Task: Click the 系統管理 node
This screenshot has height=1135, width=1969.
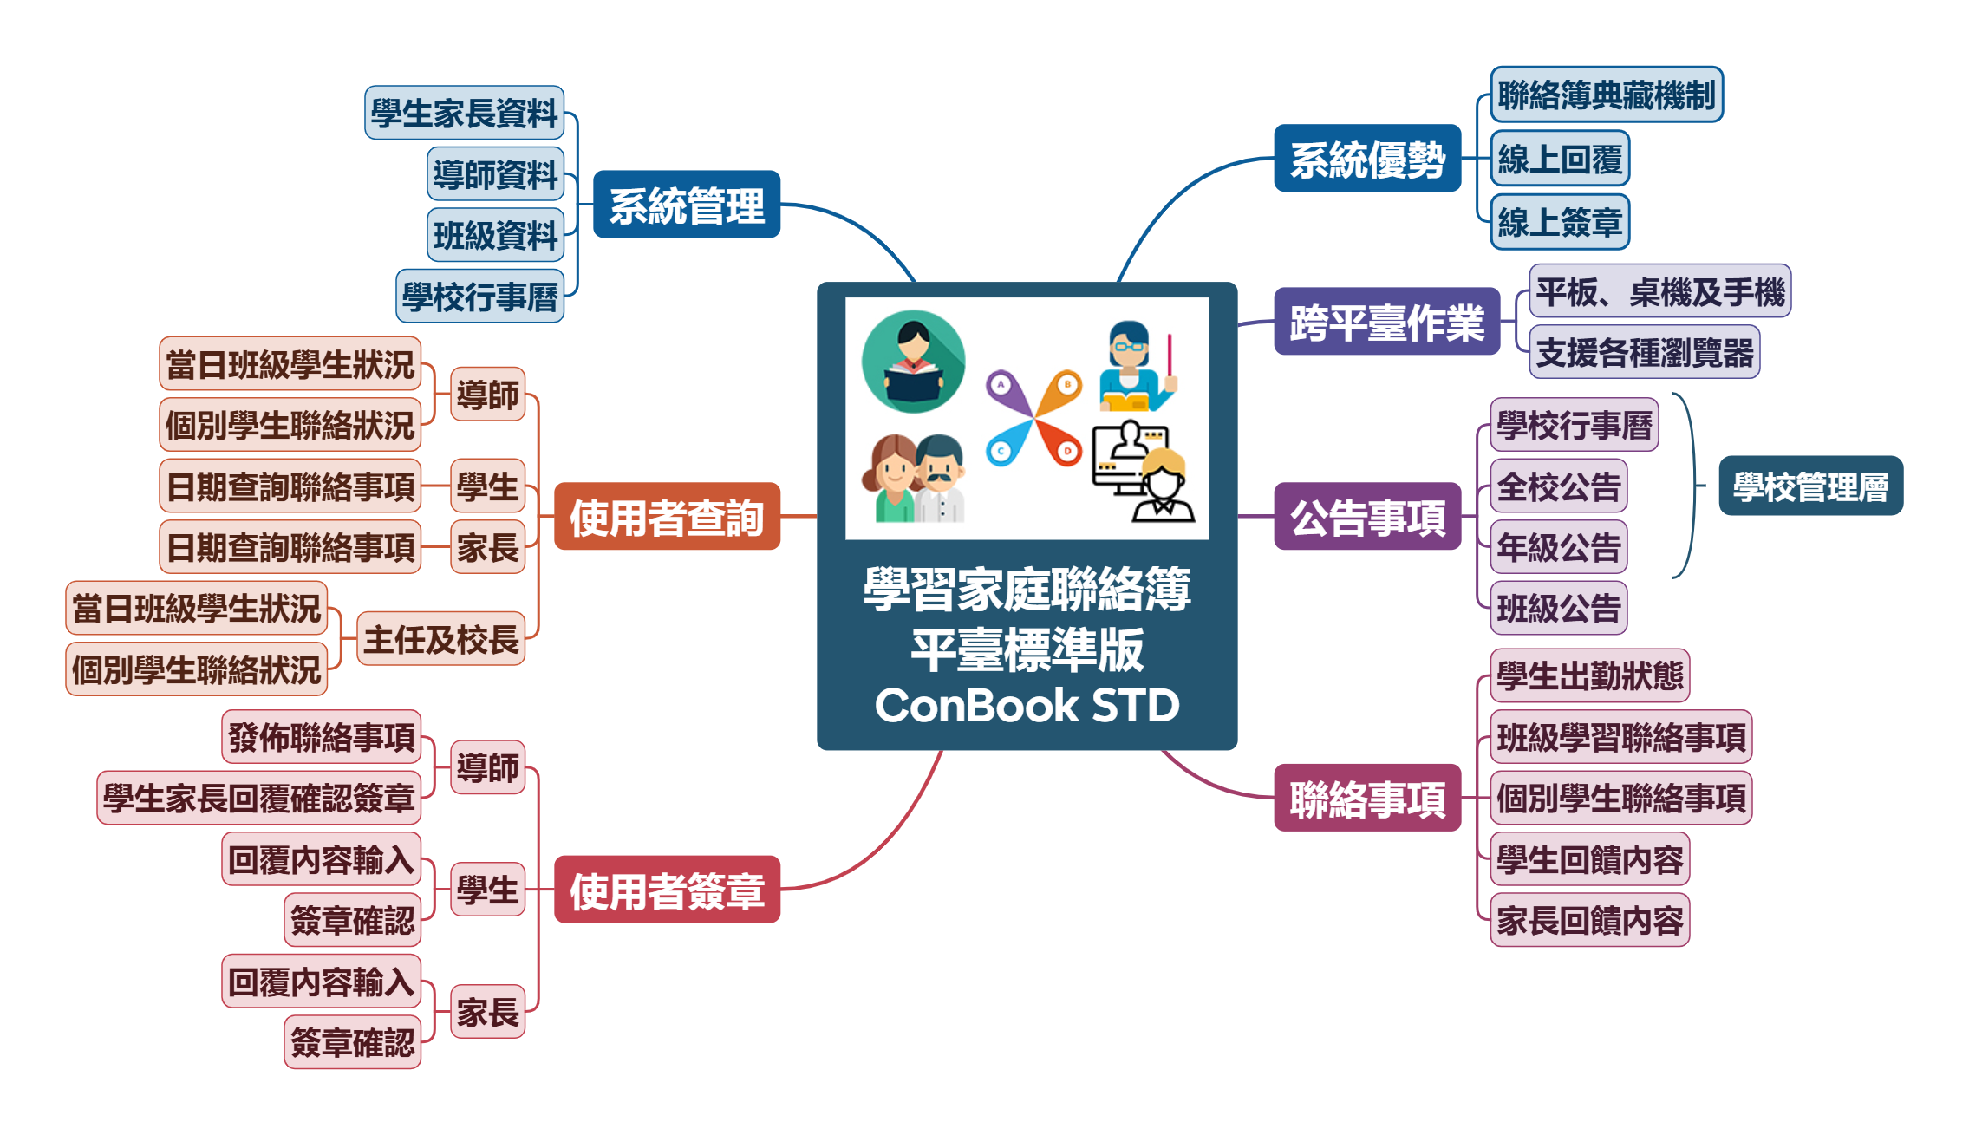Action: point(686,205)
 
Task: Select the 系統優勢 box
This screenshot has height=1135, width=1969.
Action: point(1366,159)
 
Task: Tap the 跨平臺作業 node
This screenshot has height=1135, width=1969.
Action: point(1385,322)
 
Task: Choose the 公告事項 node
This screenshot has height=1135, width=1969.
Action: point(1366,517)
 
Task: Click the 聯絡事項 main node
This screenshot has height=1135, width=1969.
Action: point(1366,799)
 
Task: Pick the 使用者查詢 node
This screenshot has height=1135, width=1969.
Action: point(666,517)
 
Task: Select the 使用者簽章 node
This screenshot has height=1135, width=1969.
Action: point(666,890)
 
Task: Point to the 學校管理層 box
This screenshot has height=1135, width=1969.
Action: point(1810,486)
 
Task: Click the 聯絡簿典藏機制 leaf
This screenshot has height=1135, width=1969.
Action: point(1606,95)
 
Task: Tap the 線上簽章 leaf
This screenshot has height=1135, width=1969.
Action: point(1559,222)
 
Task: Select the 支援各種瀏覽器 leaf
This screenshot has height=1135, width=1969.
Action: point(1644,352)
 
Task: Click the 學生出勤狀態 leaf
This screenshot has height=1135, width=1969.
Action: point(1589,675)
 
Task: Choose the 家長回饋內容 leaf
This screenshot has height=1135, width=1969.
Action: point(1589,920)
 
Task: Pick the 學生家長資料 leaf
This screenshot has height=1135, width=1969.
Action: point(464,113)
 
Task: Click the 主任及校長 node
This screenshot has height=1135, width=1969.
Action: point(440,639)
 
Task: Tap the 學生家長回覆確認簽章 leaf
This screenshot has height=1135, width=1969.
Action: point(258,798)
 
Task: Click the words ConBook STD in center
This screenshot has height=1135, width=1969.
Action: point(1027,705)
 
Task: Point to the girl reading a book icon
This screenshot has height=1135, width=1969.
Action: point(913,362)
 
